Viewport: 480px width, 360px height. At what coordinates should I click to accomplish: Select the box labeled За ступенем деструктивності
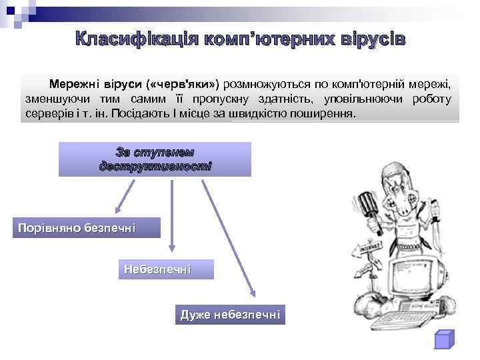point(155,159)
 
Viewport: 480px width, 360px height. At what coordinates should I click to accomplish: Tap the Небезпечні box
point(158,269)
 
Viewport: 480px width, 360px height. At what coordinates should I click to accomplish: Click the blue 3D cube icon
point(443,339)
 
